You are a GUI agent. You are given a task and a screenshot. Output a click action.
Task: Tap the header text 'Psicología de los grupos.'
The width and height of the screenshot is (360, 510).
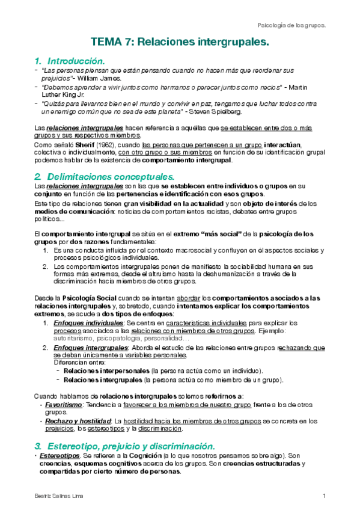291,25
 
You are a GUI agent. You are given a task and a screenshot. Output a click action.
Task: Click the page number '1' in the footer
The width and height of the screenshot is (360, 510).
323,496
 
